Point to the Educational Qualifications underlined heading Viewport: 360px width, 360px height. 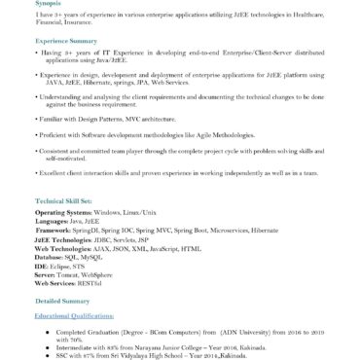[x=74, y=316]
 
